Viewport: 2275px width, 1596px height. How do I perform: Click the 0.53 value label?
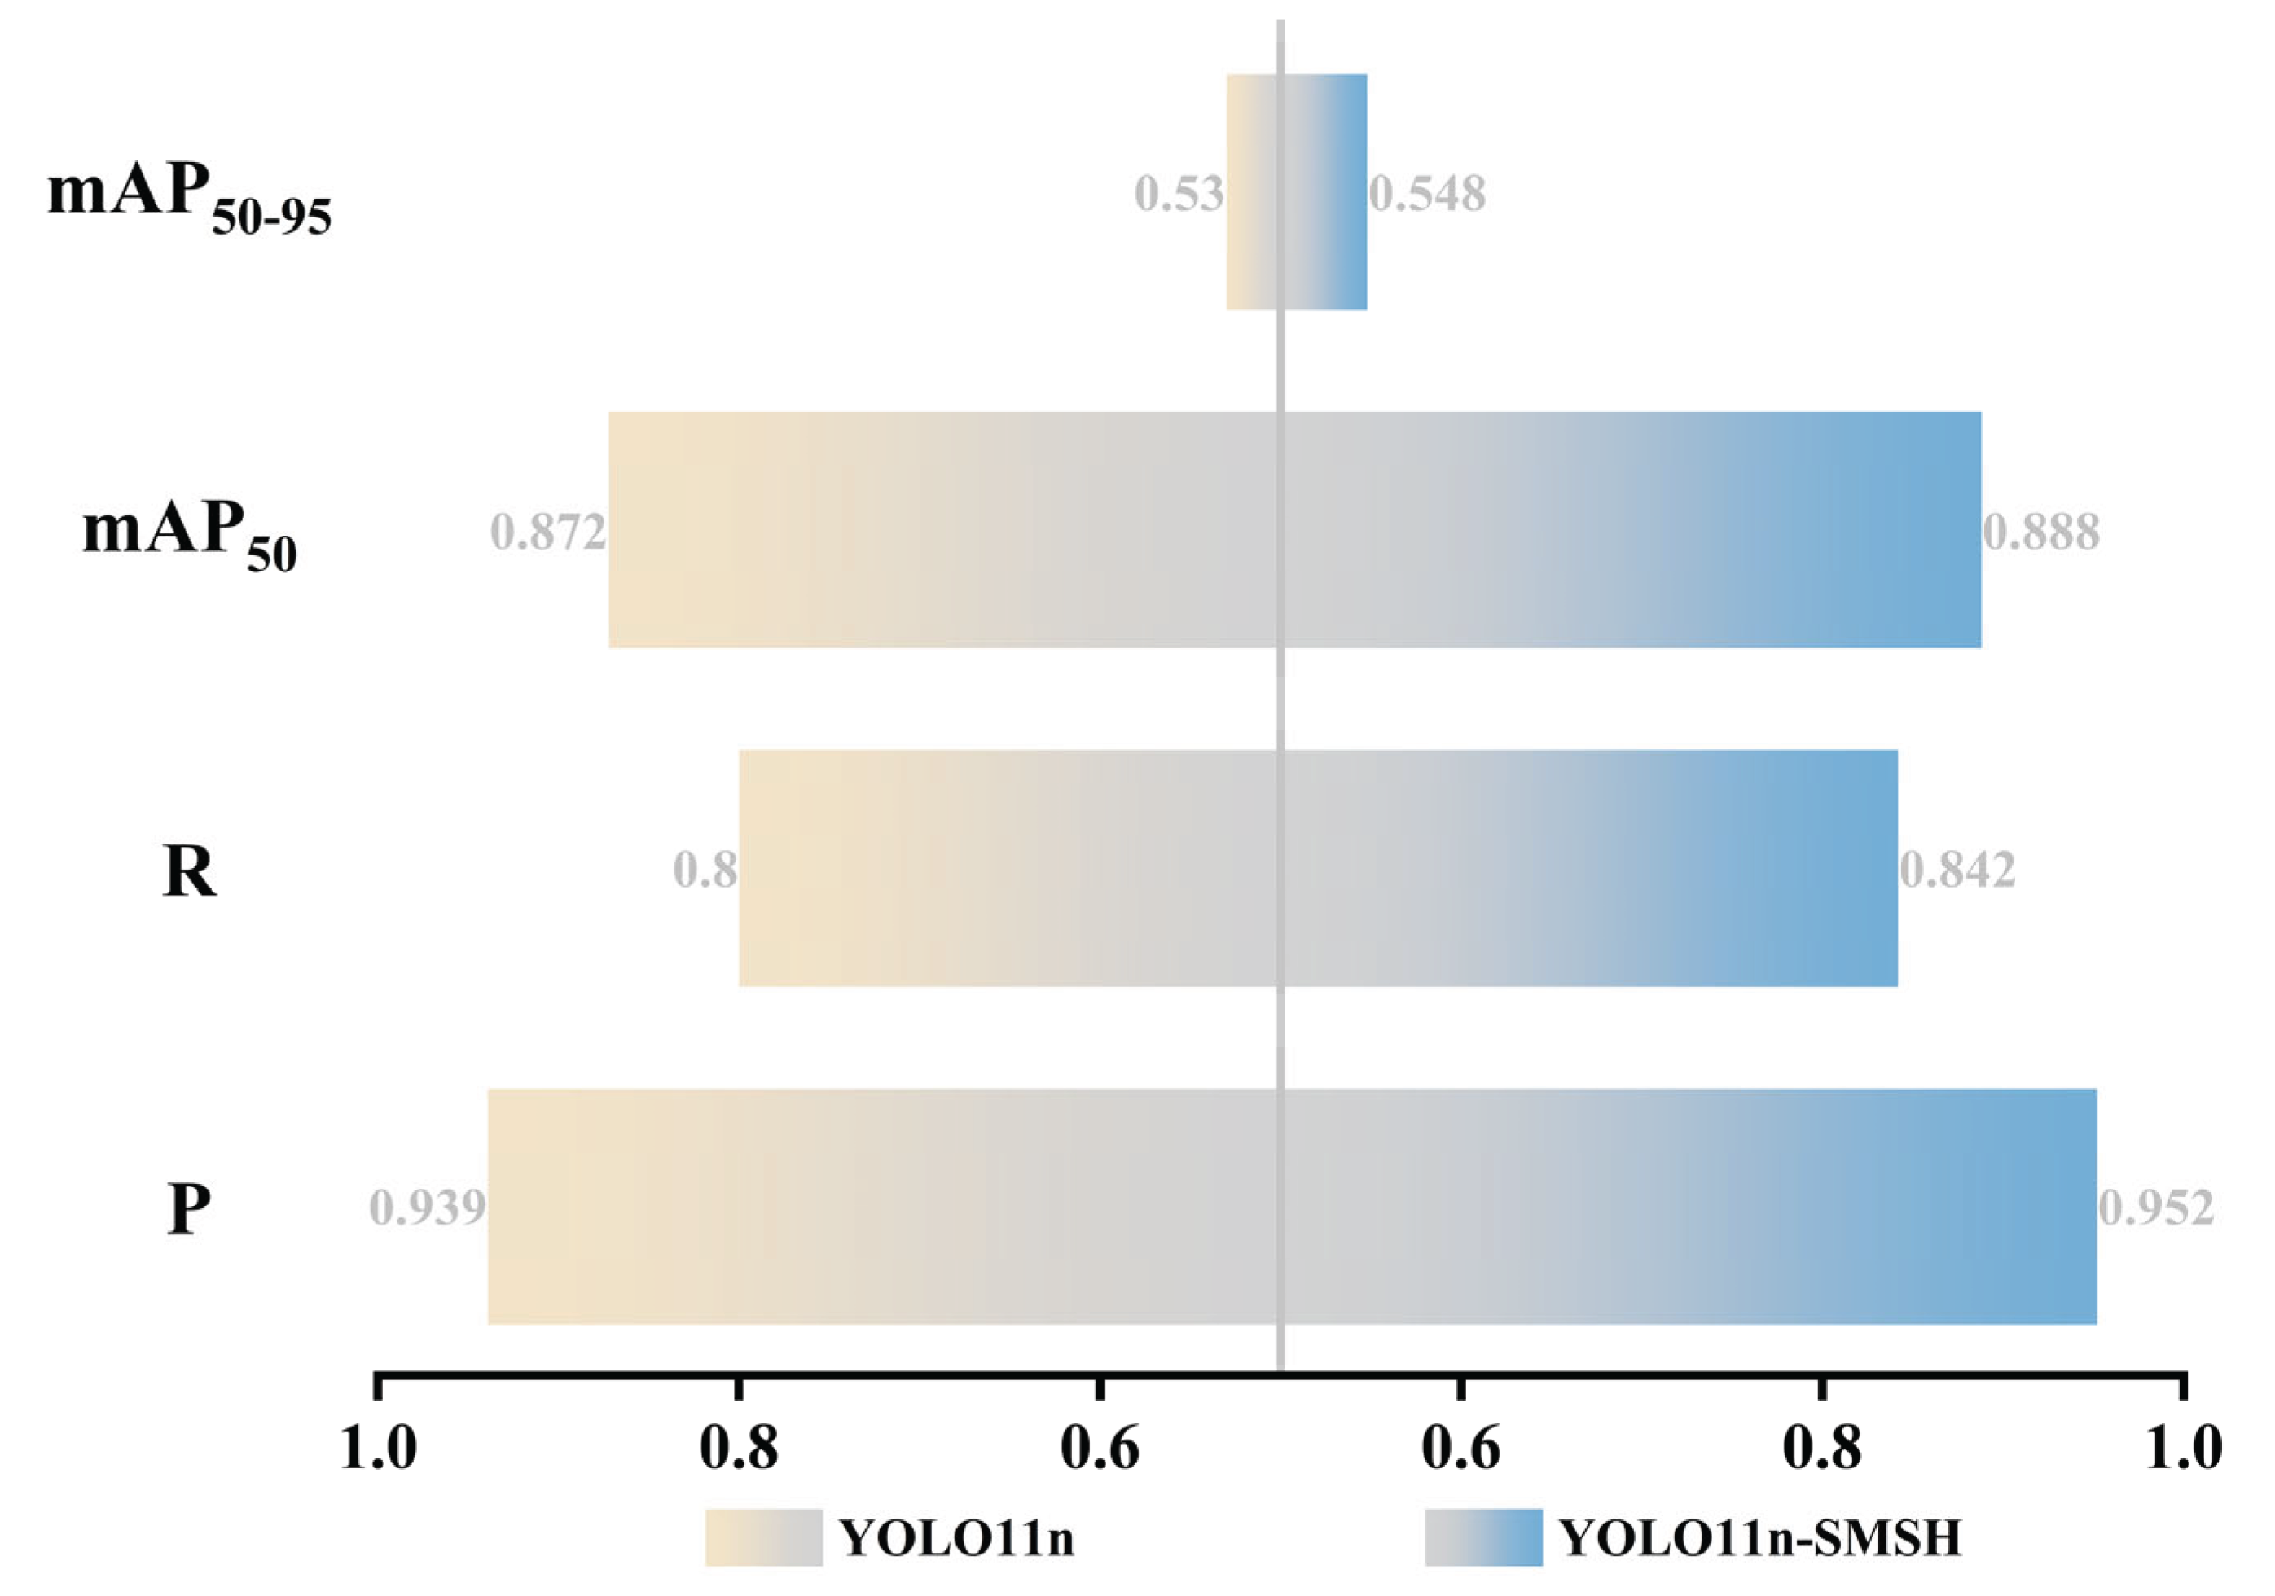pos(1178,193)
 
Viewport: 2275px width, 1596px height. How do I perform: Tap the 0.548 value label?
pos(1428,193)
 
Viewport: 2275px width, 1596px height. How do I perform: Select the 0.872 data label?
pos(548,533)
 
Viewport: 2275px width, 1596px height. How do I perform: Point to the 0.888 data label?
pos(2041,533)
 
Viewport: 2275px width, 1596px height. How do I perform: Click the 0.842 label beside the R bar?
pos(1957,870)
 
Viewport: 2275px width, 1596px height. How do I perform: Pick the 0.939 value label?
pos(428,1208)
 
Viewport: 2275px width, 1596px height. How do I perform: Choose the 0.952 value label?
pos(2156,1208)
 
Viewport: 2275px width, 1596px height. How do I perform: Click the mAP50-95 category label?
pos(188,198)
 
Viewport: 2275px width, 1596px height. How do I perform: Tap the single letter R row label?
pos(188,872)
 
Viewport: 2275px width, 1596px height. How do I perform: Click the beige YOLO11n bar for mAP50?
pos(942,530)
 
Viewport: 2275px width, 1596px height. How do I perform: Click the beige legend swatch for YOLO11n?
pos(763,1537)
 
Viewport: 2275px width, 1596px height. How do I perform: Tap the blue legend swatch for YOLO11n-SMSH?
pos(1483,1537)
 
